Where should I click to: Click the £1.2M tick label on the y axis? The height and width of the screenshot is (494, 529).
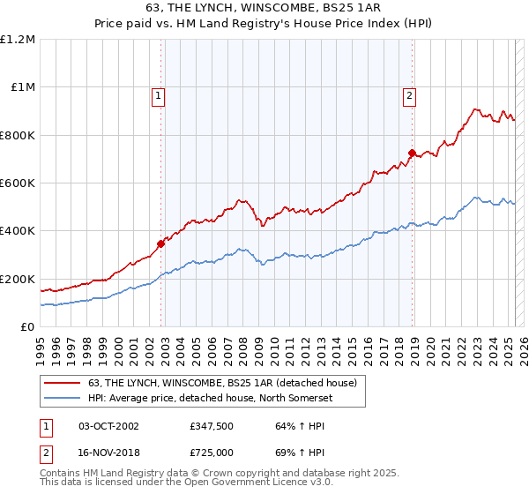point(18,40)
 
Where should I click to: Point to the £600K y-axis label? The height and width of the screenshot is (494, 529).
point(18,183)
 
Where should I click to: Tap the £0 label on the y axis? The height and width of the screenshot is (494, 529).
point(28,327)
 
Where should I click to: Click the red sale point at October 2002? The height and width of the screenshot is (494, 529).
point(160,243)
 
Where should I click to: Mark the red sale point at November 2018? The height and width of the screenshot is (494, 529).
point(412,153)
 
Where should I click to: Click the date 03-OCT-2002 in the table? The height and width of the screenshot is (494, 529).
point(108,426)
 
